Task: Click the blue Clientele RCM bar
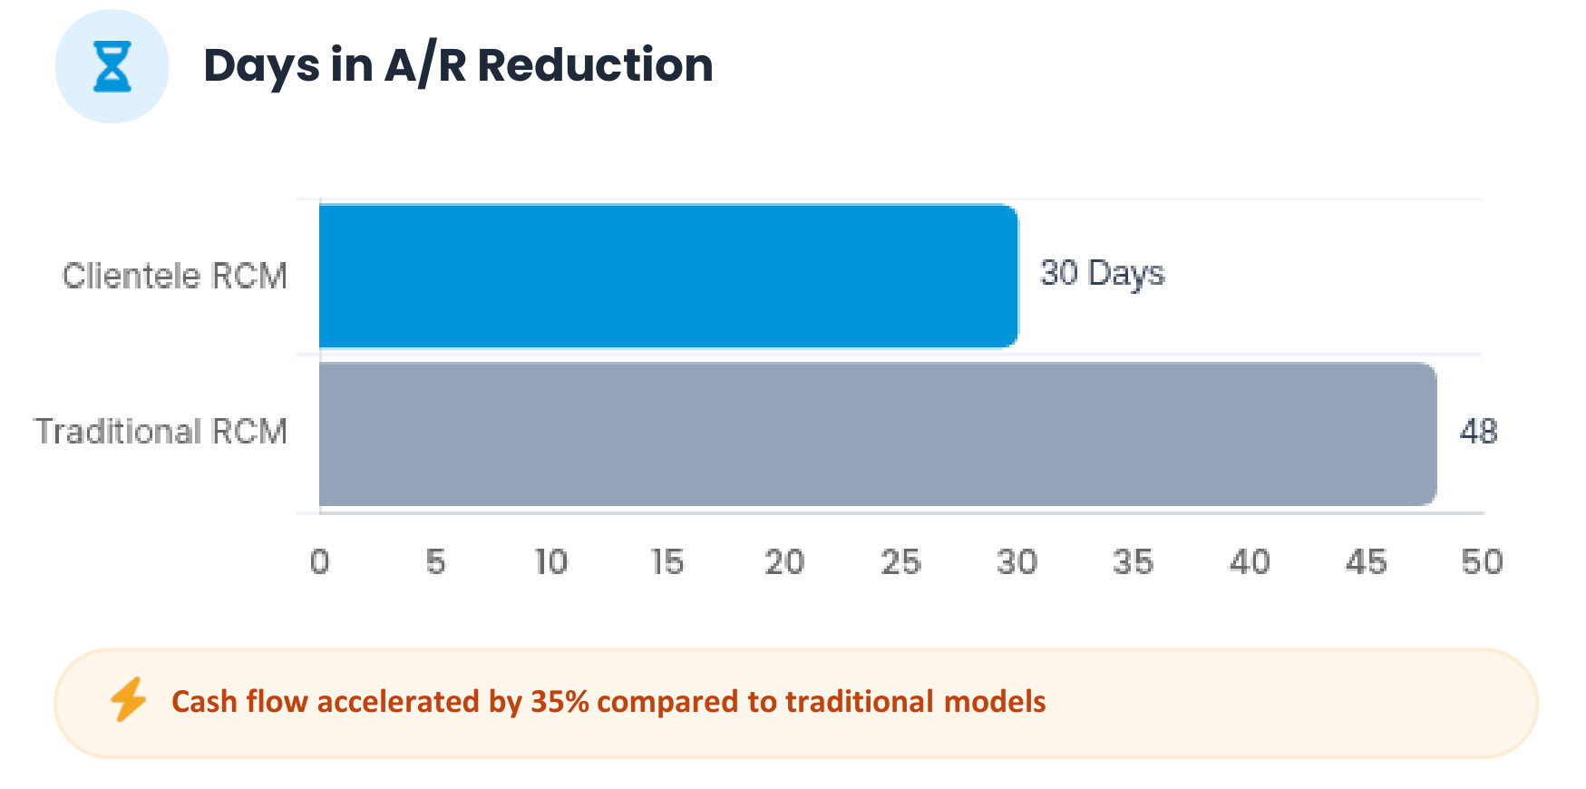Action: pos(668,276)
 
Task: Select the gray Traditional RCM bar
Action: pos(878,433)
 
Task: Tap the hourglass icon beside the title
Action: pos(112,66)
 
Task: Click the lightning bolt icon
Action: pos(128,699)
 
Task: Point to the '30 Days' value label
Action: pos(1102,273)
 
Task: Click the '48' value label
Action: pos(1478,432)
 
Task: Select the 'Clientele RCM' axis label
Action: pos(175,276)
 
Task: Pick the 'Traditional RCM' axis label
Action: pos(161,432)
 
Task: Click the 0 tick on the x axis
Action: pos(319,562)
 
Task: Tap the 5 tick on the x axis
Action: pos(435,562)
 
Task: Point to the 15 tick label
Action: pos(667,562)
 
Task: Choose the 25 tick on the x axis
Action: pos(900,562)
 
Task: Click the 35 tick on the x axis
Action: pos(1133,562)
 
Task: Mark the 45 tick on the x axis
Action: pos(1366,562)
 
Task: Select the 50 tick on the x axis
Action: pos(1482,562)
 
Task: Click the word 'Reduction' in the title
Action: pos(595,65)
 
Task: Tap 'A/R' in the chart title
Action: pos(424,66)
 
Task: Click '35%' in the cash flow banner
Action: pos(559,702)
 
